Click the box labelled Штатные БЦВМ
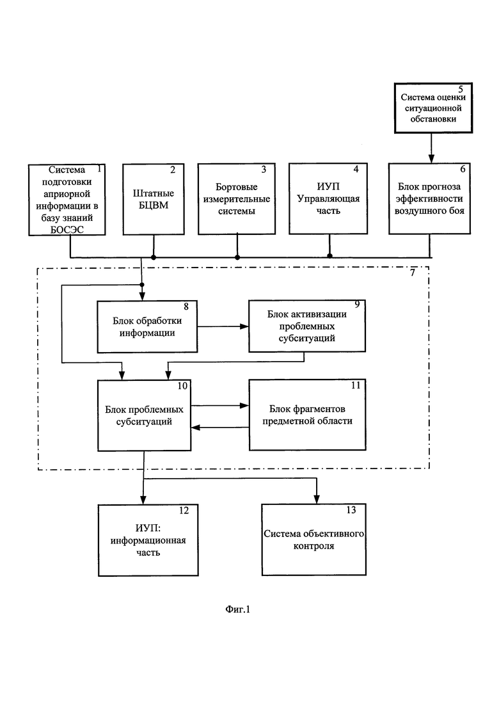[x=154, y=199]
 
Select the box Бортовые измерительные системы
[x=237, y=198]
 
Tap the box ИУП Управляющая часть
[x=328, y=198]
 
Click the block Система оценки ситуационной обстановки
[x=433, y=108]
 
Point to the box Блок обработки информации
[x=147, y=326]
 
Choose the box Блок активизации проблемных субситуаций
[x=307, y=326]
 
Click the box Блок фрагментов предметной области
[x=307, y=415]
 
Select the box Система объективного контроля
[x=313, y=540]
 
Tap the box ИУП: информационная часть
[x=148, y=540]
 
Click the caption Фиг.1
[x=237, y=609]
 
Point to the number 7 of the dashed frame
[x=412, y=273]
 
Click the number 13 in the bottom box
[x=351, y=509]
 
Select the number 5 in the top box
[x=461, y=89]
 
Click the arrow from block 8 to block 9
[x=223, y=326]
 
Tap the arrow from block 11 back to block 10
[x=220, y=428]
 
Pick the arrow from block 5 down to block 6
[x=431, y=148]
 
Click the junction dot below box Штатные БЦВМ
[x=154, y=257]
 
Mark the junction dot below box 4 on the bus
[x=329, y=256]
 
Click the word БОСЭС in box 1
[x=67, y=230]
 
